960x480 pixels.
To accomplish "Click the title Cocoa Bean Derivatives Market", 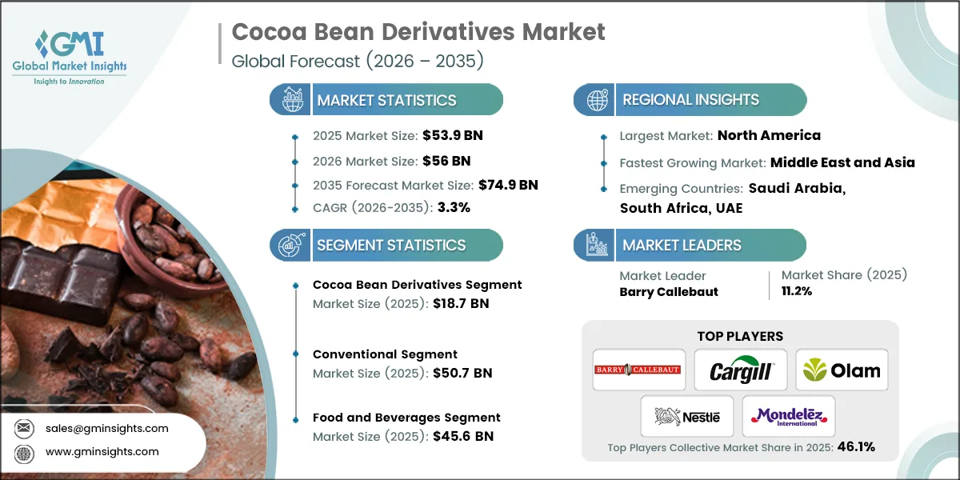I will tap(418, 32).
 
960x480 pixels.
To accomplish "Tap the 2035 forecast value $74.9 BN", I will tap(508, 185).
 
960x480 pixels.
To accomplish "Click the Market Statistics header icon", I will tap(290, 100).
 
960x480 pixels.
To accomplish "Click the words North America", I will tap(769, 135).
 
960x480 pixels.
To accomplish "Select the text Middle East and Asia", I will tap(842, 162).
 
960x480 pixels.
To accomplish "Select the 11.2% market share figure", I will tap(797, 291).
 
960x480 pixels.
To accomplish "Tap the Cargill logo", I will tap(740, 370).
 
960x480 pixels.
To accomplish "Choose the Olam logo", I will tap(842, 370).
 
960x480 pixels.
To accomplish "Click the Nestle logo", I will tap(687, 416).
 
